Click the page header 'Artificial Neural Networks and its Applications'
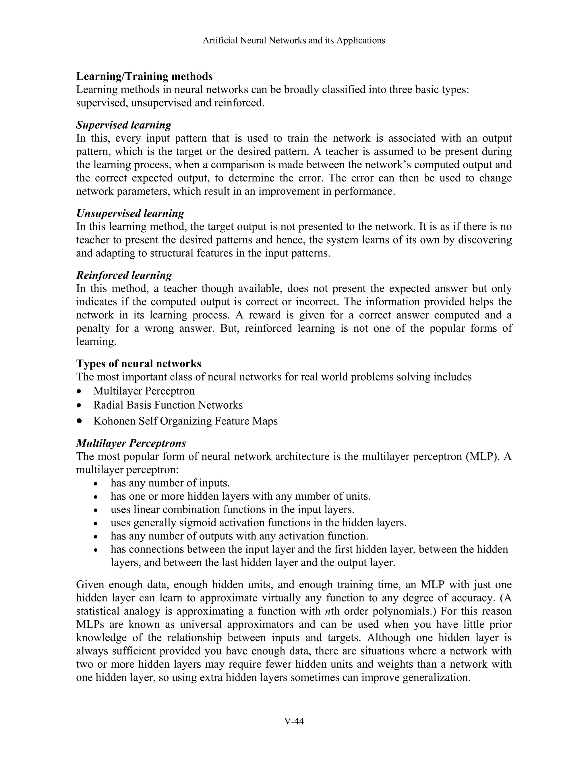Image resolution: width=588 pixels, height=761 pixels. click(x=294, y=40)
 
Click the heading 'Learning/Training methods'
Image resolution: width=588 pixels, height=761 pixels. click(x=144, y=76)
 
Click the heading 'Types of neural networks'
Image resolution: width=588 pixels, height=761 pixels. click(x=139, y=364)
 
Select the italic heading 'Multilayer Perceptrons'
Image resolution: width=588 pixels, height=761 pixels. click(x=131, y=443)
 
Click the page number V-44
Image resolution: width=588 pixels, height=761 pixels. click(x=294, y=721)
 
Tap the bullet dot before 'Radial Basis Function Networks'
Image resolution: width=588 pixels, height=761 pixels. click(x=80, y=405)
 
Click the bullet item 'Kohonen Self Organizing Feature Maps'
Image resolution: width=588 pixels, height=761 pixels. click(x=185, y=421)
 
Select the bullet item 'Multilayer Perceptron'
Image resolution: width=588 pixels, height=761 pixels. click(x=144, y=391)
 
